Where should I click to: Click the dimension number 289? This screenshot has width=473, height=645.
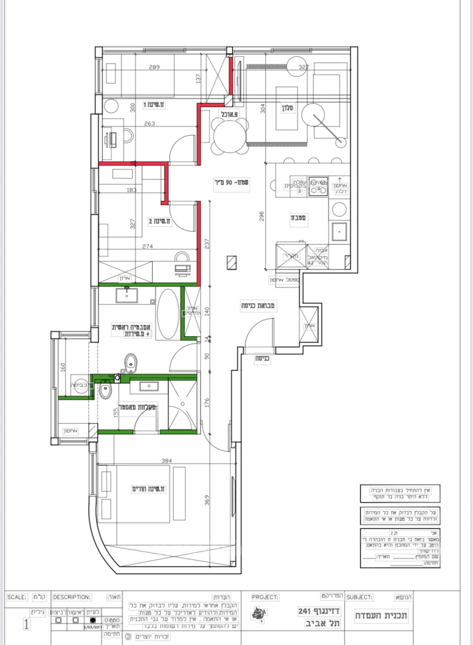[154, 67]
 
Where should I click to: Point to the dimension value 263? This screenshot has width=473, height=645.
[150, 124]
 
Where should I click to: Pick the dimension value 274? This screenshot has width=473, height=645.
[147, 247]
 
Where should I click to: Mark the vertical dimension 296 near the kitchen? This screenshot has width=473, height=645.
[262, 216]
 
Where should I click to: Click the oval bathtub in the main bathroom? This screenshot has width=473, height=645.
[168, 314]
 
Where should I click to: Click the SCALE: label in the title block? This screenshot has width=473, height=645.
[17, 597]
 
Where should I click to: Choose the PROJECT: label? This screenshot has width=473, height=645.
[265, 597]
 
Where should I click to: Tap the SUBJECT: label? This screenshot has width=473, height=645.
[359, 597]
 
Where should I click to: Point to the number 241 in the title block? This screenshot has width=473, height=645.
[306, 611]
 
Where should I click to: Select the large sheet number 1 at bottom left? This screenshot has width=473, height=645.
[26, 625]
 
